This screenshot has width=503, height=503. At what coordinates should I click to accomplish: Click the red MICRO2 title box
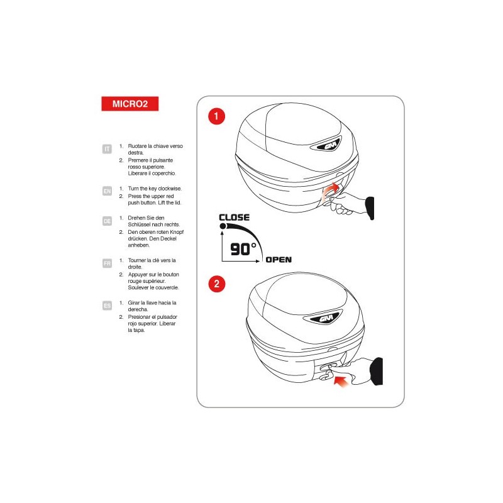pyautogui.click(x=130, y=104)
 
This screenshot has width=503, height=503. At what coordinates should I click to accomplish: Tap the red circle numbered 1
pyautogui.click(x=216, y=116)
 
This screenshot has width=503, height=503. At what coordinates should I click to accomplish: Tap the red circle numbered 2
pyautogui.click(x=216, y=284)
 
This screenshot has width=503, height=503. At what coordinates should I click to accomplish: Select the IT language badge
pyautogui.click(x=107, y=149)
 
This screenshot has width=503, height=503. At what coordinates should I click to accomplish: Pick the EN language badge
pyautogui.click(x=107, y=191)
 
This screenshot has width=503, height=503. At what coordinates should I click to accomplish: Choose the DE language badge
pyautogui.click(x=107, y=221)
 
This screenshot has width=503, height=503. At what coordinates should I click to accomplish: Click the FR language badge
pyautogui.click(x=107, y=263)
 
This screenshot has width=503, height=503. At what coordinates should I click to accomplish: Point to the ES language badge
pyautogui.click(x=107, y=306)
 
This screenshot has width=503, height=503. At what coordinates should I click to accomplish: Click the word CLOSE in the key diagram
pyautogui.click(x=234, y=218)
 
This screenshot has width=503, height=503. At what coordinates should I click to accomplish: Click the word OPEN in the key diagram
pyautogui.click(x=279, y=260)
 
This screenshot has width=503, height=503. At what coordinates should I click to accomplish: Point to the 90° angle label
pyautogui.click(x=243, y=249)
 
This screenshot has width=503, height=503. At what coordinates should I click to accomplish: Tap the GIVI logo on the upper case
pyautogui.click(x=328, y=146)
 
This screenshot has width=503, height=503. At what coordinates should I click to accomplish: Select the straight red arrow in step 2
pyautogui.click(x=341, y=382)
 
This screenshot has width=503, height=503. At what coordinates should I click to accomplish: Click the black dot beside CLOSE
pyautogui.click(x=223, y=226)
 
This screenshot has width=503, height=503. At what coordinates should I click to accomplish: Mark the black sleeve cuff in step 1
pyautogui.click(x=370, y=208)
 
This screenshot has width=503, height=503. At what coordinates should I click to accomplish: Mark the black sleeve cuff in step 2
pyautogui.click(x=377, y=371)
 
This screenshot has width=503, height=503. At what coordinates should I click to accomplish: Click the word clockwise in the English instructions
pyautogui.click(x=170, y=189)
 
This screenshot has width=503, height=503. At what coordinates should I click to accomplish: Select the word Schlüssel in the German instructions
pyautogui.click(x=139, y=224)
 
